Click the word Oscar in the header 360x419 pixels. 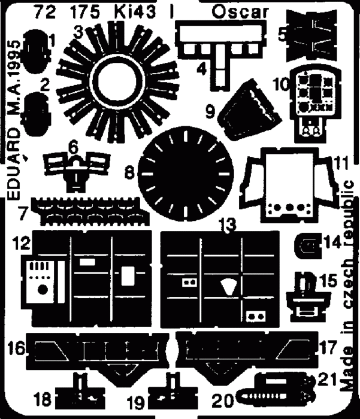(x=240, y=13)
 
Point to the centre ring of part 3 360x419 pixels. (x=118, y=80)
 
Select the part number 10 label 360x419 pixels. (x=281, y=84)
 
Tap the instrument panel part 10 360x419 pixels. (x=316, y=103)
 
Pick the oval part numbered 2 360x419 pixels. (x=36, y=114)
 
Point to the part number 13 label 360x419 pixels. (x=227, y=224)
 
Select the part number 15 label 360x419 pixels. (x=328, y=281)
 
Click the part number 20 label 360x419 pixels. (x=222, y=400)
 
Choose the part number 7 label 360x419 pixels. (x=23, y=213)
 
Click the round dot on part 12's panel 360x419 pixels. (x=43, y=290)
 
